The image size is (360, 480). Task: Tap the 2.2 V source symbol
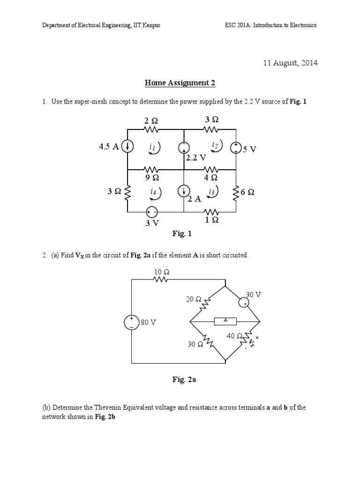pos(184,147)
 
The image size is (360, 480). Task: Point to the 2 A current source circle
pos(184,191)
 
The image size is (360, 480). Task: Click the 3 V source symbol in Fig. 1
pos(152,211)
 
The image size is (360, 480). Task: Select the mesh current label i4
pos(153,192)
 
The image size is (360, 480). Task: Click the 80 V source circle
pos(132,322)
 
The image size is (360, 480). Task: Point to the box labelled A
pos(225,321)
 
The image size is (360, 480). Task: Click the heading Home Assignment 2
pos(180,83)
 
